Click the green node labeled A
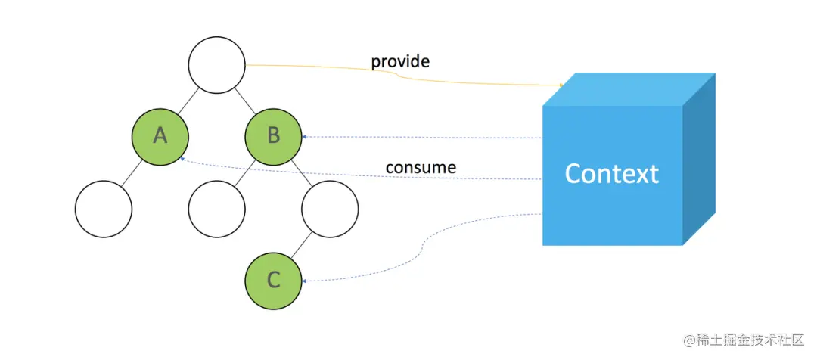tap(160, 136)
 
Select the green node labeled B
tap(273, 136)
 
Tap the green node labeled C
tap(273, 281)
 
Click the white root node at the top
tap(216, 65)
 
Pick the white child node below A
tap(104, 208)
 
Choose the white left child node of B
tap(216, 208)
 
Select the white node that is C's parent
tap(329, 208)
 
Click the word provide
tap(399, 61)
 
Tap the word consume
tap(421, 166)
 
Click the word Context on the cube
tap(611, 174)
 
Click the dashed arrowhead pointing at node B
tap(304, 137)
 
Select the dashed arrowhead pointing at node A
tap(183, 160)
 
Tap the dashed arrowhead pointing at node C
tap(304, 281)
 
